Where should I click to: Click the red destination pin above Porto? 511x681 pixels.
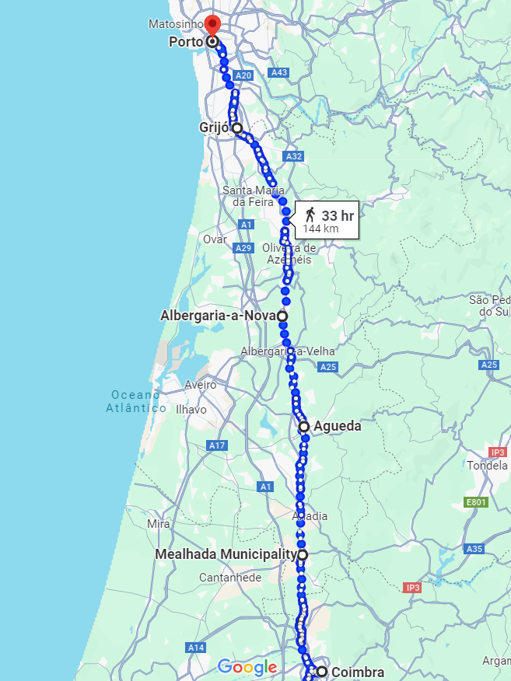212,26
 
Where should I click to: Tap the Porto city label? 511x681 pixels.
185,42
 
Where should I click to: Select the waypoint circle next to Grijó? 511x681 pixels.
236,128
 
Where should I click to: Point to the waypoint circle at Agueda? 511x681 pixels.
304,426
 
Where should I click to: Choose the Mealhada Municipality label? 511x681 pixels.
225,554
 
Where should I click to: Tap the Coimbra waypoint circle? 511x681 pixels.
321,671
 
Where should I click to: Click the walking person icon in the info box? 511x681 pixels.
310,214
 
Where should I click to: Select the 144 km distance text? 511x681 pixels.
320,229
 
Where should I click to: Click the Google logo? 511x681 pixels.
247,667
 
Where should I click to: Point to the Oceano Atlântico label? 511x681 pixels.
137,401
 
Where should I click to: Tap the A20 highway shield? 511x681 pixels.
243,75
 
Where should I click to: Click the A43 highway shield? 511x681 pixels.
279,72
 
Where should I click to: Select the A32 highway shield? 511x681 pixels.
293,156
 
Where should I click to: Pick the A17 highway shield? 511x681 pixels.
217,445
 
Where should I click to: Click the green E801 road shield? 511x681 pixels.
476,502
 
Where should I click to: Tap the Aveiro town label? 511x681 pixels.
201,385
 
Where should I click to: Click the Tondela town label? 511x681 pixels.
487,466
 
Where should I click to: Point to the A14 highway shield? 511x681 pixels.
195,647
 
